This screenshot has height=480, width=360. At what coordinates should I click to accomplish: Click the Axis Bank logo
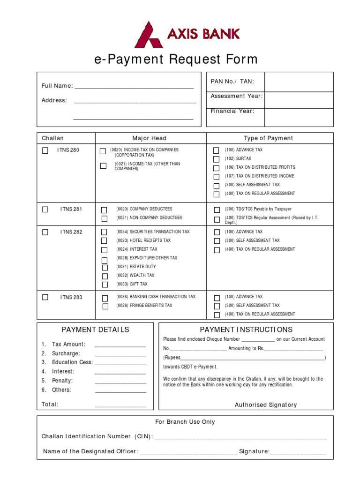point(187,34)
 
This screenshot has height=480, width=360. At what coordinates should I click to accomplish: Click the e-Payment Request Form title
point(176,60)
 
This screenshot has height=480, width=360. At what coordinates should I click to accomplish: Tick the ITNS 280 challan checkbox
point(45,150)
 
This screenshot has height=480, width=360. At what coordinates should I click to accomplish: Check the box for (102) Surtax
point(216,159)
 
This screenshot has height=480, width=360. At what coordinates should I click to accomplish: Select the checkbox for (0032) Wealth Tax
point(105,276)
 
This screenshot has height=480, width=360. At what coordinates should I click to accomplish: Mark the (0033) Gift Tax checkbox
point(105,285)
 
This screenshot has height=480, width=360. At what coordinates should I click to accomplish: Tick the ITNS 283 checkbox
point(45,297)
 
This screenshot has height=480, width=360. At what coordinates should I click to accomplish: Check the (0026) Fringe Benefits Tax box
point(105,306)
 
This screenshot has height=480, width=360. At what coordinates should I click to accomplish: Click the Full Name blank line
point(134,86)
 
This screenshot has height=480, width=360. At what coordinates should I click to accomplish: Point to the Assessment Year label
point(236,96)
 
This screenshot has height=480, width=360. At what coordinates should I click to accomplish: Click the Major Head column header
point(149,138)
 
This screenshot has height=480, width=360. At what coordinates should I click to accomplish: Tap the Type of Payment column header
point(268,138)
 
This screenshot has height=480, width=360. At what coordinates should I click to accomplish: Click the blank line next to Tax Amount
point(120,345)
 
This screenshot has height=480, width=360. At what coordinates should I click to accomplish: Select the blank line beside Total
point(120,405)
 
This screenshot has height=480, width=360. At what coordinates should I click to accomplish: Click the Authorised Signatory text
point(266,405)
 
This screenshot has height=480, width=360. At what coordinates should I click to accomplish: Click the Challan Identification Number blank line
point(240,437)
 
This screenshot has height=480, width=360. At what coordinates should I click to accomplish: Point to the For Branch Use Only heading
point(185,422)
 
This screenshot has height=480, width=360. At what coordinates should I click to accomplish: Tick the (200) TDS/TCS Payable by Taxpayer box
point(217,210)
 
